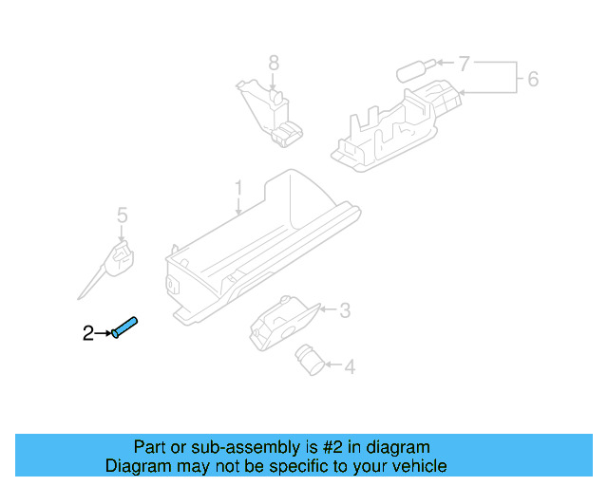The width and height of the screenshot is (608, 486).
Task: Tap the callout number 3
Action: [345, 310]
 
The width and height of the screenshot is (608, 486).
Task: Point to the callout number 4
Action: [350, 366]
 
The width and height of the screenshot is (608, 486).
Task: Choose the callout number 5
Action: [122, 216]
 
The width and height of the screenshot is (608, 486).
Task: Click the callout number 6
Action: [533, 78]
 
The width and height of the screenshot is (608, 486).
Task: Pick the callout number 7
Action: [464, 65]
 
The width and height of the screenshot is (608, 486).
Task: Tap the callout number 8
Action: [274, 64]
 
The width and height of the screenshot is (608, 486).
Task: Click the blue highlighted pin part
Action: [125, 327]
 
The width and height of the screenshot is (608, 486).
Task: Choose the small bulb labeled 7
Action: [413, 70]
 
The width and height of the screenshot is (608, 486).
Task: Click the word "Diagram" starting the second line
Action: [138, 466]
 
